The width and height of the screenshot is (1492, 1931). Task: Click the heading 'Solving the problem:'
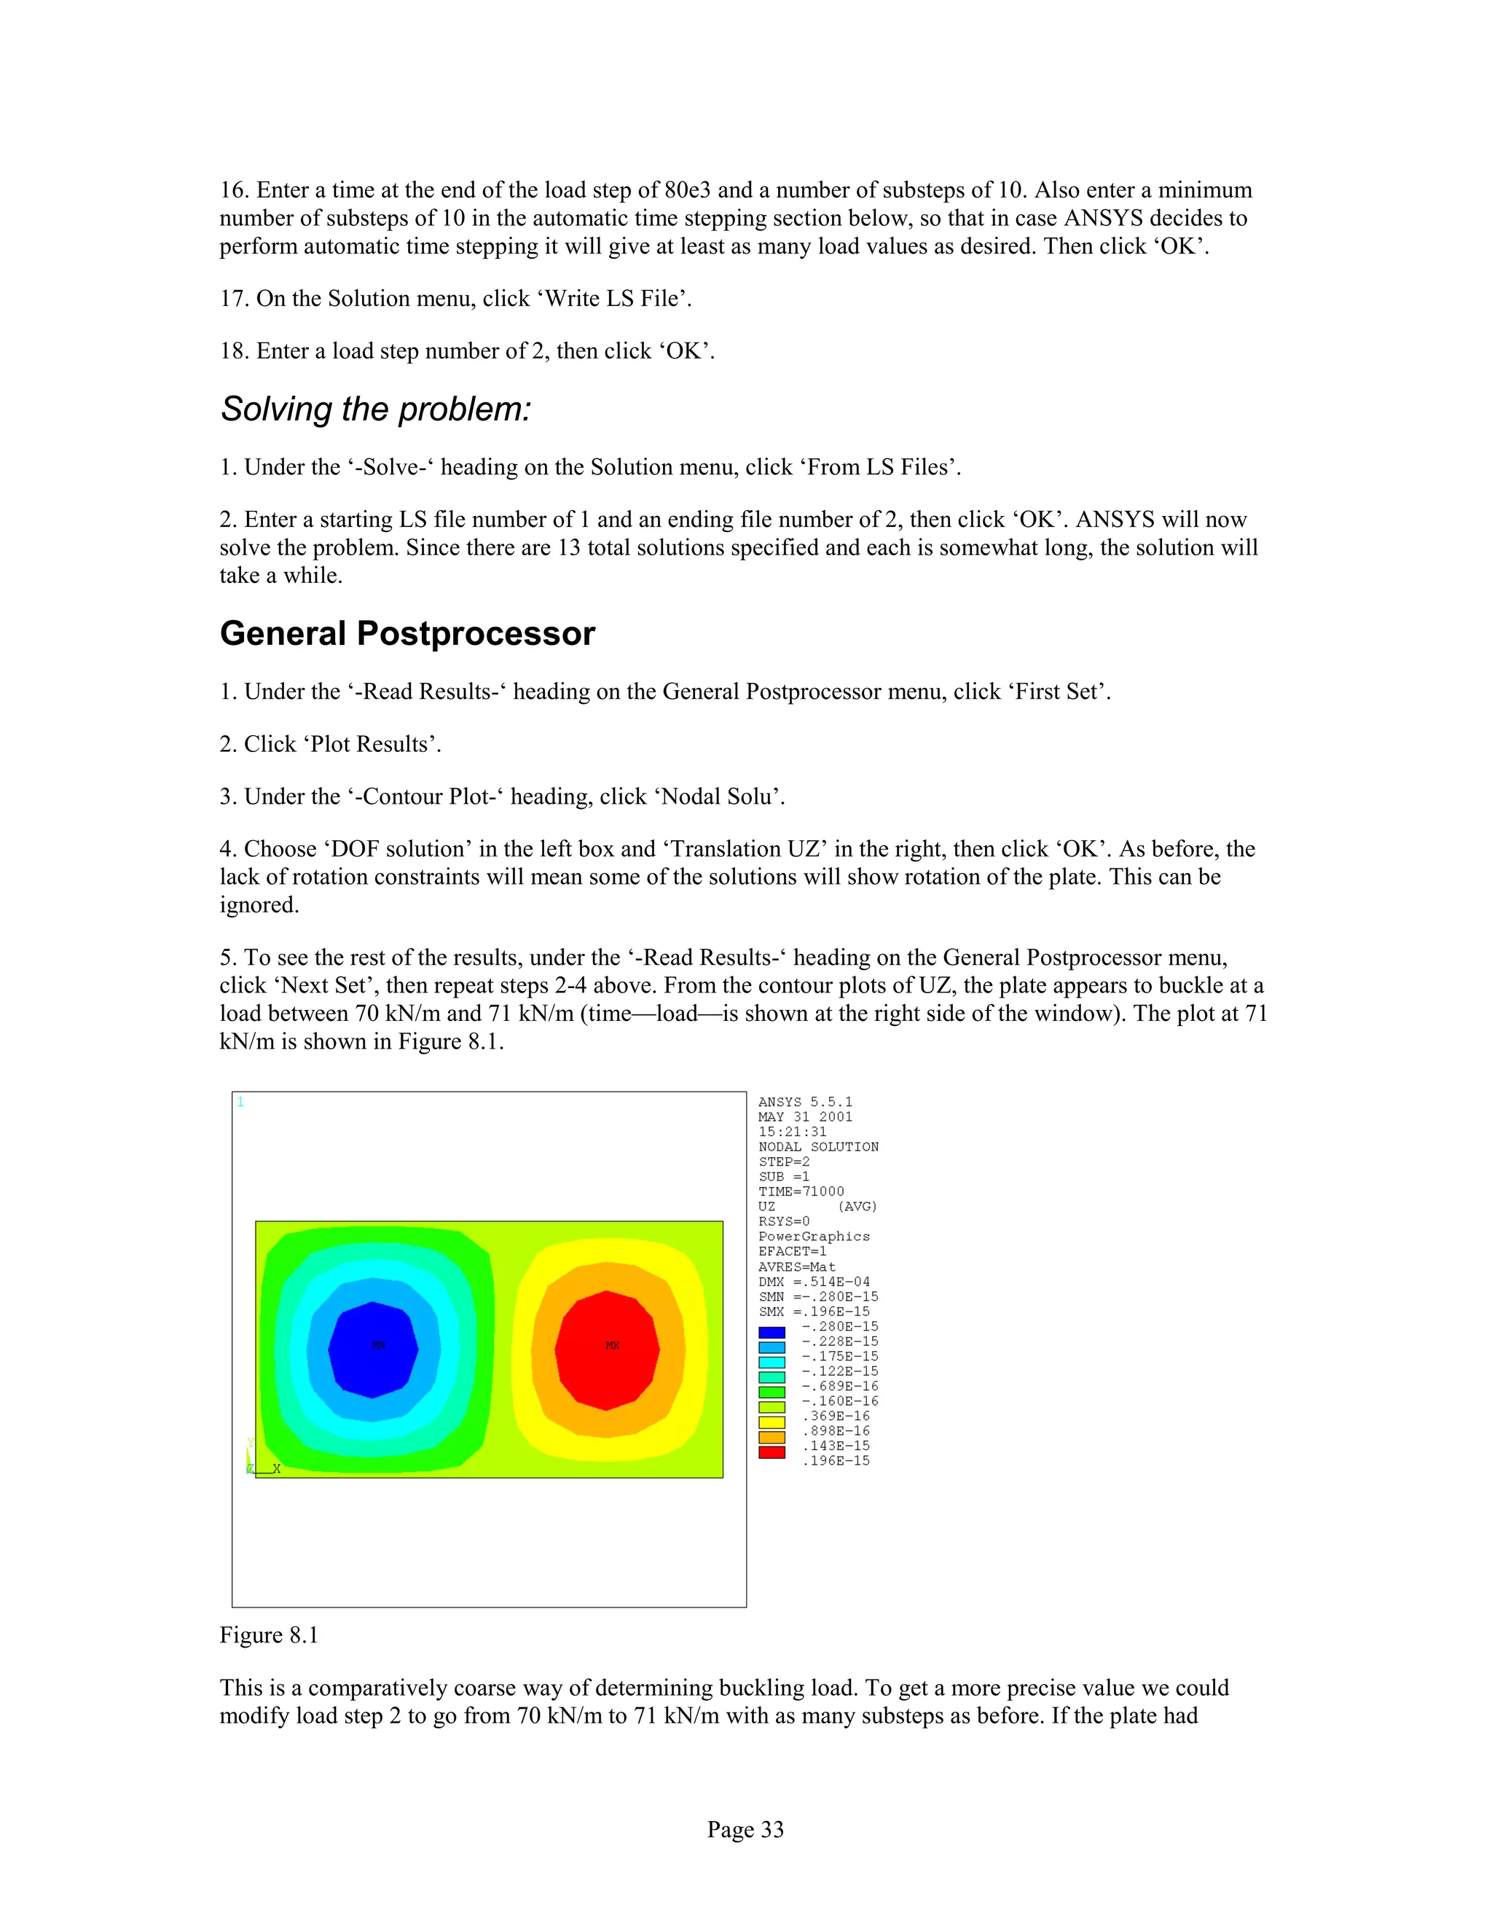point(376,410)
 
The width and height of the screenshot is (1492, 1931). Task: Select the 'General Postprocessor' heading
point(407,634)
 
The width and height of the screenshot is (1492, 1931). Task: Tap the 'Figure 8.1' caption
point(269,1636)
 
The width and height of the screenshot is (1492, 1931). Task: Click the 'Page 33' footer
point(745,1829)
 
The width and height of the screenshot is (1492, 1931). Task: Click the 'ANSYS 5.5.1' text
point(805,1102)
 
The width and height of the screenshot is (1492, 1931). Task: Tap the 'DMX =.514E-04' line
point(814,1282)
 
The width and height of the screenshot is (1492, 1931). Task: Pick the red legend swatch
point(771,1453)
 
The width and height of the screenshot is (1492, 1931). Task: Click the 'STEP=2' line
point(784,1162)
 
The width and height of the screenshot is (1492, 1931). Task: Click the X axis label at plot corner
point(277,1468)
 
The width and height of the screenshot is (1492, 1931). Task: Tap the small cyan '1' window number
point(240,1102)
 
